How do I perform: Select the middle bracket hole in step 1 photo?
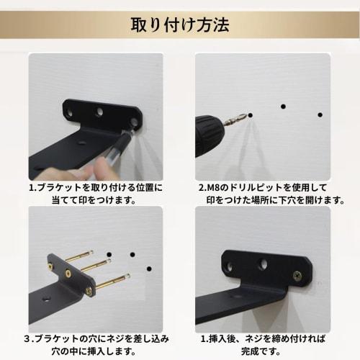pyautogui.click(x=100, y=112)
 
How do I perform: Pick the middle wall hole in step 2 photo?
pyautogui.click(x=284, y=107)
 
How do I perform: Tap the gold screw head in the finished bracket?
pyautogui.click(x=296, y=274)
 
